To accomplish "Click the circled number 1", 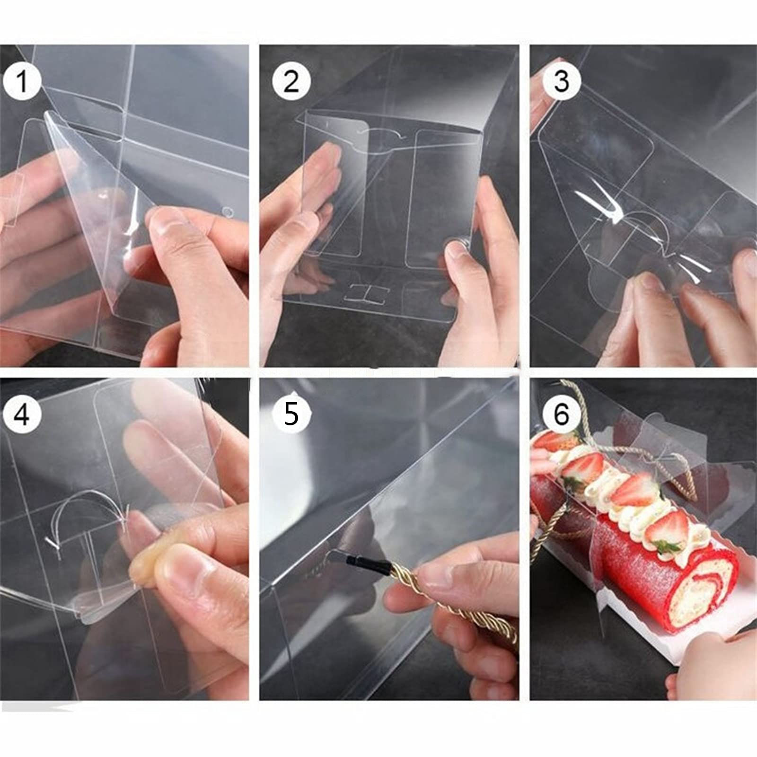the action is (x=22, y=81).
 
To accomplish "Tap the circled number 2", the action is (x=291, y=81).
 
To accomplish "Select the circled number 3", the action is (x=561, y=81).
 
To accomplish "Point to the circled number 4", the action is (x=22, y=414).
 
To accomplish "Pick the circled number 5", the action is (x=291, y=414).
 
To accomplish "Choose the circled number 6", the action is (x=561, y=414).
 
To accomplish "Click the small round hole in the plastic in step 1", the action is (x=228, y=212).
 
